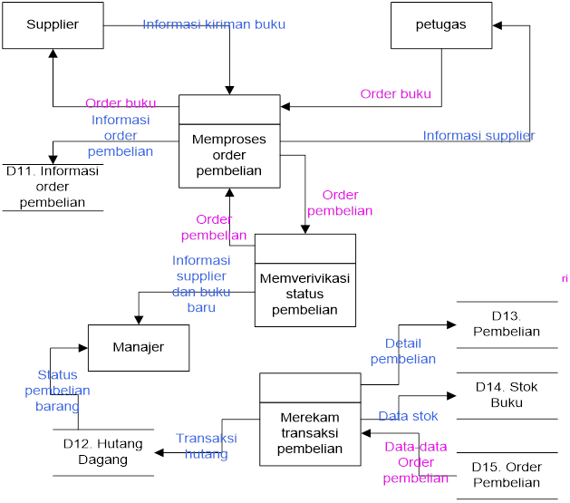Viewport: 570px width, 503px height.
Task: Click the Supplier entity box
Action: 53,25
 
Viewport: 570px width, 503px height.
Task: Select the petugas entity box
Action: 441,25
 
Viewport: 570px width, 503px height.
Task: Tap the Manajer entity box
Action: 138,347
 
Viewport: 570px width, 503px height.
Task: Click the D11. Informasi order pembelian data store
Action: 53,187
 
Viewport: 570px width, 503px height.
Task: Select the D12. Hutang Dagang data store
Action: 102,452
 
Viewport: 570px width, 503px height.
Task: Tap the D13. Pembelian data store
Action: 507,324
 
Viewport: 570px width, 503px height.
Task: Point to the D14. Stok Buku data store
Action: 507,394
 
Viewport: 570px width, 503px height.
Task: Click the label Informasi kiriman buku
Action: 214,24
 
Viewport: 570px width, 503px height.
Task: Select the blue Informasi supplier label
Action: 478,136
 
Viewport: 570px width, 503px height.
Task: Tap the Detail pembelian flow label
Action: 403,352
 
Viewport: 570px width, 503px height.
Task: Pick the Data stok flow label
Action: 408,416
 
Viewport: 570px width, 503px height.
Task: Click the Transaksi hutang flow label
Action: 207,446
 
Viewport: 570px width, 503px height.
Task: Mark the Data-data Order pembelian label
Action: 416,462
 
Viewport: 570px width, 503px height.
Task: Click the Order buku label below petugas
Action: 395,94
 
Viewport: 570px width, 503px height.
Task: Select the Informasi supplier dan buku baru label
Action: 201,284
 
